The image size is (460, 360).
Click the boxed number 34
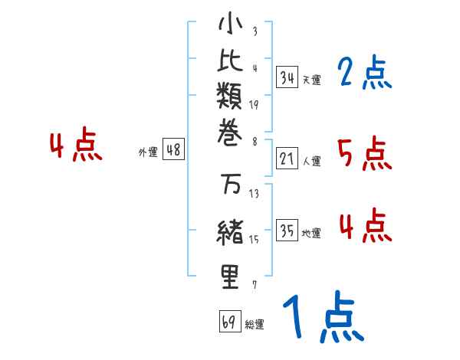[287, 77]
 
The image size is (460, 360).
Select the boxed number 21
[287, 159]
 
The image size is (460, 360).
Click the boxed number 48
[173, 150]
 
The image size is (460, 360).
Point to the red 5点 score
[364, 155]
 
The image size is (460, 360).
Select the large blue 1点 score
[321, 319]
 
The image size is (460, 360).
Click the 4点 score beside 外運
[75, 146]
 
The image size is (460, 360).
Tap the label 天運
[311, 80]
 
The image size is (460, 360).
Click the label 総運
[255, 325]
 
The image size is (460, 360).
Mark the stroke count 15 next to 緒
[254, 239]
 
